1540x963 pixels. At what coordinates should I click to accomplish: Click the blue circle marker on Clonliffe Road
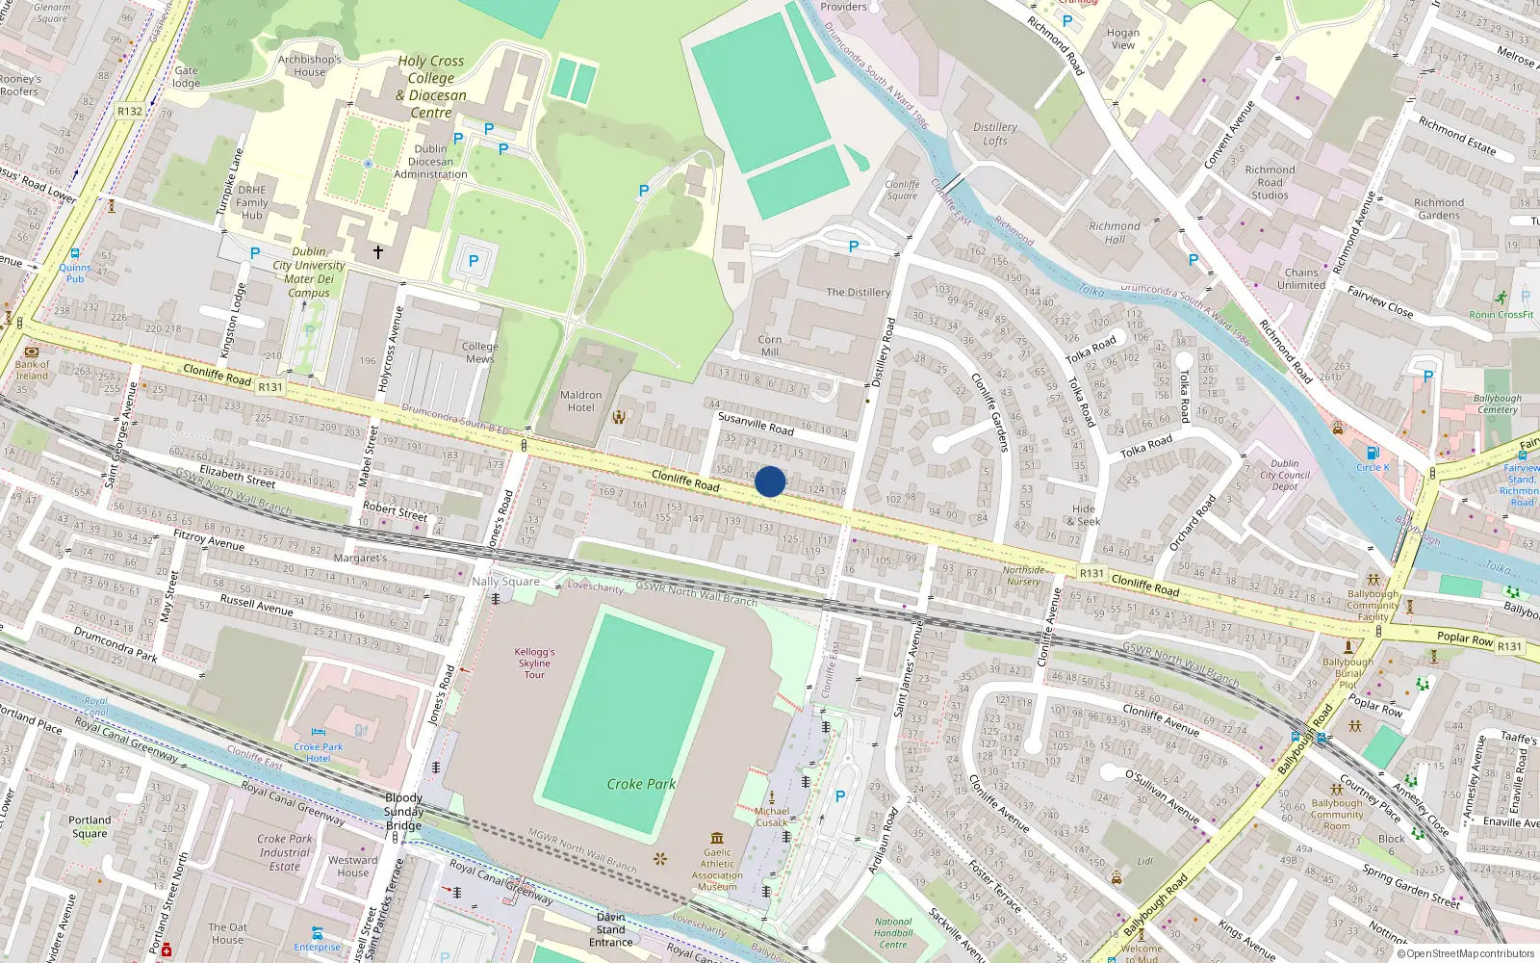770,481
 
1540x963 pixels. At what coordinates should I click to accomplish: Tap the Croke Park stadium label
641,784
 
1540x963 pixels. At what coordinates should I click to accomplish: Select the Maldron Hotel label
580,402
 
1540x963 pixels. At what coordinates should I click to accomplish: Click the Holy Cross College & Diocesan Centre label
431,87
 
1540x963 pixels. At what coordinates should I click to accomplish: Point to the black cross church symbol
378,252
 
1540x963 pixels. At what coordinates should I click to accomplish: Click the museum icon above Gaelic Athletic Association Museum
717,838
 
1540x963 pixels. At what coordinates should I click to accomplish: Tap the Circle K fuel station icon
1373,454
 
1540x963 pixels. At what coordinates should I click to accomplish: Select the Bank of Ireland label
32,370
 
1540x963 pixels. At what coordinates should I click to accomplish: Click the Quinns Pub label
75,273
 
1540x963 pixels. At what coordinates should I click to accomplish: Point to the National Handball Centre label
893,933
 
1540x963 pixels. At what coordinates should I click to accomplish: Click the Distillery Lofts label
995,134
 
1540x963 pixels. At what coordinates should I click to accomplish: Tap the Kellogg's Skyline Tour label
534,663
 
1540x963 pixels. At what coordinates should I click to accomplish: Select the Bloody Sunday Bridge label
404,811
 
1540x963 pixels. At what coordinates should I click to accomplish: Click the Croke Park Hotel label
319,752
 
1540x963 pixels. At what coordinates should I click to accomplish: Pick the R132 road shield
130,111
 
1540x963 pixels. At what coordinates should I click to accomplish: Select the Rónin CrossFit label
1501,314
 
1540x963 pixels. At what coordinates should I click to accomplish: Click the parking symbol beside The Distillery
854,247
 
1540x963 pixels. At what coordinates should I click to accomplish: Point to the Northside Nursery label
1023,575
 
